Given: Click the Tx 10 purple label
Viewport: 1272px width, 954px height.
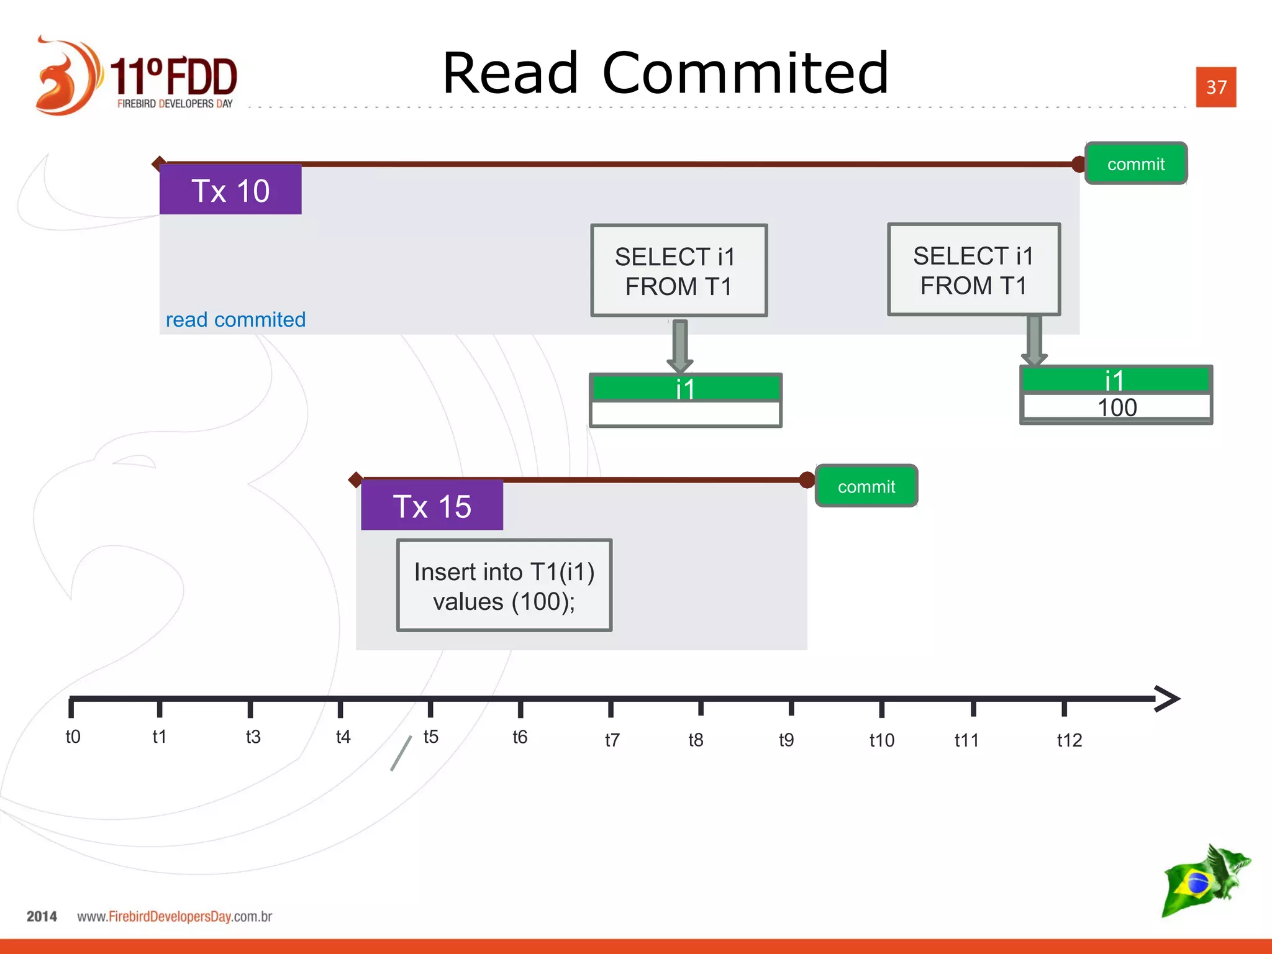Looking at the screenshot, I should click(230, 190).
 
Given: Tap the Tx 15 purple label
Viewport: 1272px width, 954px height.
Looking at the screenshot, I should click(432, 506).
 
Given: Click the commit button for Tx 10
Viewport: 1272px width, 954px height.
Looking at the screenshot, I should click(1135, 164).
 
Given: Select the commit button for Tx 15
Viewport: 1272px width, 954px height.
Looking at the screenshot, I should click(866, 486).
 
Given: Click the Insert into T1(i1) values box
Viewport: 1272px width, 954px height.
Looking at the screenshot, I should click(504, 586).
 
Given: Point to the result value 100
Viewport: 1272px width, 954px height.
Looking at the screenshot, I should click(1117, 408).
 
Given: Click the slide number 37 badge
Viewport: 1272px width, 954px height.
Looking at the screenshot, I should click(1215, 87).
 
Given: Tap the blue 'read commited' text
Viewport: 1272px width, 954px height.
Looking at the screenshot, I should click(235, 319).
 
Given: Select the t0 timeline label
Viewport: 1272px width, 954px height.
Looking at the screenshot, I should click(73, 737).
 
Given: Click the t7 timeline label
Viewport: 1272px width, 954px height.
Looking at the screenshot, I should click(612, 740).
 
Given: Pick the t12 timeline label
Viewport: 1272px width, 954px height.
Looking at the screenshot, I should click(1069, 740).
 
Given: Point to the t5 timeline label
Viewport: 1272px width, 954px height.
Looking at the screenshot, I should click(430, 737).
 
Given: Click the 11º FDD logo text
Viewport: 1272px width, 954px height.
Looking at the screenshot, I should click(174, 77).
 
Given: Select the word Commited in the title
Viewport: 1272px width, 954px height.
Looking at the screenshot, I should click(745, 73).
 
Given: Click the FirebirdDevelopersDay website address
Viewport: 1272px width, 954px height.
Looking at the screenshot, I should click(175, 917).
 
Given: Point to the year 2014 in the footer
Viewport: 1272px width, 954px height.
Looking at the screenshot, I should click(42, 917).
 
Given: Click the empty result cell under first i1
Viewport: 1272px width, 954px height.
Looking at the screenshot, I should click(685, 413).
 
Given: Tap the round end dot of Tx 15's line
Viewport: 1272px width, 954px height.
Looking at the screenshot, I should click(807, 479).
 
